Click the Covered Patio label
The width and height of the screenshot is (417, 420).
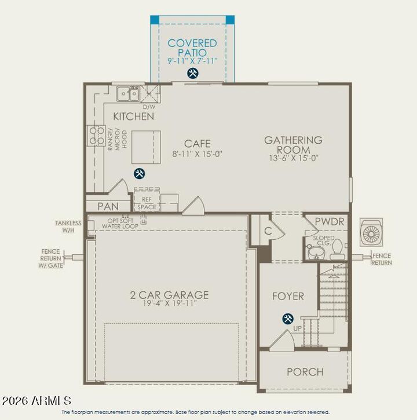pyautogui.click(x=192, y=48)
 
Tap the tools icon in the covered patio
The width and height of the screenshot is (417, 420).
pyautogui.click(x=192, y=73)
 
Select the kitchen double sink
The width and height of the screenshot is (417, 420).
pyautogui.click(x=127, y=93)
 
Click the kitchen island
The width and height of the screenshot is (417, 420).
pyautogui.click(x=146, y=147)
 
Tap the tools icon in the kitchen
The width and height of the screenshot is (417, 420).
pyautogui.click(x=139, y=173)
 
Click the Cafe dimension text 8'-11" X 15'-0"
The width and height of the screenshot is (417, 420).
pyautogui.click(x=197, y=154)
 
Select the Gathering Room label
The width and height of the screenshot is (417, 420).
pyautogui.click(x=293, y=144)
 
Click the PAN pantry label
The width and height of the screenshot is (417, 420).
pyautogui.click(x=108, y=206)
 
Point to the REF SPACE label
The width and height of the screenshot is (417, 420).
pyautogui.click(x=147, y=203)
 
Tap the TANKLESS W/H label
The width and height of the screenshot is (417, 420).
pyautogui.click(x=68, y=226)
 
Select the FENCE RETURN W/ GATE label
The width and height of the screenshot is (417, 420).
pyautogui.click(x=52, y=258)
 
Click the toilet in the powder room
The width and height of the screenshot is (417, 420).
pyautogui.click(x=338, y=251)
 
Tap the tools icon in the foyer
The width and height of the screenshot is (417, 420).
pyautogui.click(x=288, y=319)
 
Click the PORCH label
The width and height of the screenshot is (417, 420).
pyautogui.click(x=305, y=372)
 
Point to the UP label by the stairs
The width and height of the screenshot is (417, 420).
pyautogui.click(x=297, y=328)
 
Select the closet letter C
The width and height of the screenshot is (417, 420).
pyautogui.click(x=268, y=230)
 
